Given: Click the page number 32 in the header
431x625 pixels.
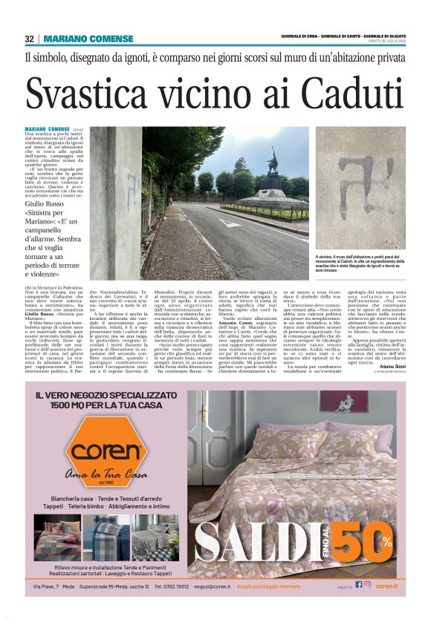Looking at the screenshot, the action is coord(30,39).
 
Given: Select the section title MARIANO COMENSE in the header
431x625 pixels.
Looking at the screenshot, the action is coord(77,39).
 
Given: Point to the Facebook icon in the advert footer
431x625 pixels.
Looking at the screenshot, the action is coord(359,586).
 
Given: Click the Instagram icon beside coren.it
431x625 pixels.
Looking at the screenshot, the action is coord(367,586).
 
